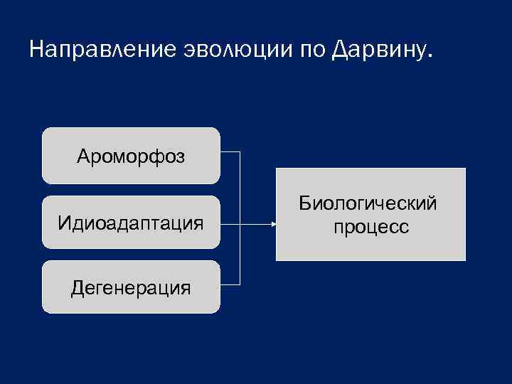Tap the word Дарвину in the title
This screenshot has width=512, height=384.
tap(380, 50)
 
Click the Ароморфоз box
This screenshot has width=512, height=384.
tap(131, 156)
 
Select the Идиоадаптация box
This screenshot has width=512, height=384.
tap(131, 223)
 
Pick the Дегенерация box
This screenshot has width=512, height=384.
tap(131, 287)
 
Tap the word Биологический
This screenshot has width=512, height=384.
tap(368, 204)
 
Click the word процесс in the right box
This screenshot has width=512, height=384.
tap(370, 227)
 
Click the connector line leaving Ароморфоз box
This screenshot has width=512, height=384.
tap(230, 151)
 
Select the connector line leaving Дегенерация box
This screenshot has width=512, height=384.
tap(230, 285)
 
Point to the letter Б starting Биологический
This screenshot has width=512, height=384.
tap(305, 204)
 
